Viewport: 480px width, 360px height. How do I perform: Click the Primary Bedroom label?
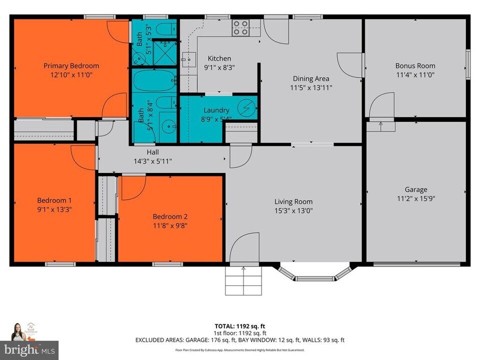point(71,65)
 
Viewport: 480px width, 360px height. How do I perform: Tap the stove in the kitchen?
point(240,27)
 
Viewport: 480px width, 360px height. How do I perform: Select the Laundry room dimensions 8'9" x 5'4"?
point(216,119)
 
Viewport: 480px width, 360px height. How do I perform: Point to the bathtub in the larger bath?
point(154,81)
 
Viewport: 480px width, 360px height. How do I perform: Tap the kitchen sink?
point(187,59)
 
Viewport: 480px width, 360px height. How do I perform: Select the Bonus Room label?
point(415,65)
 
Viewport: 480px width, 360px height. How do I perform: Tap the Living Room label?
point(293,201)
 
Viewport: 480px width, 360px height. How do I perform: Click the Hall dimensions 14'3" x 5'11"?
point(152,161)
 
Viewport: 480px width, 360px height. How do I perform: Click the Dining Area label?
point(310,78)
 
